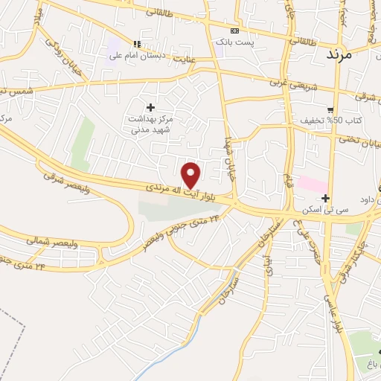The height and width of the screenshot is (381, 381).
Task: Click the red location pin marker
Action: [x=192, y=174]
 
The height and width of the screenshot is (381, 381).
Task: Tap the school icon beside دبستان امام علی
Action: [x=136, y=44]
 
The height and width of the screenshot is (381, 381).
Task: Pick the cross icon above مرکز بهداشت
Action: [x=151, y=107]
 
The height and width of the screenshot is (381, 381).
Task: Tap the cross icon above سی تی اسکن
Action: [x=326, y=198]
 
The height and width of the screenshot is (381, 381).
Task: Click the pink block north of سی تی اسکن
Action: [x=313, y=183]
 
